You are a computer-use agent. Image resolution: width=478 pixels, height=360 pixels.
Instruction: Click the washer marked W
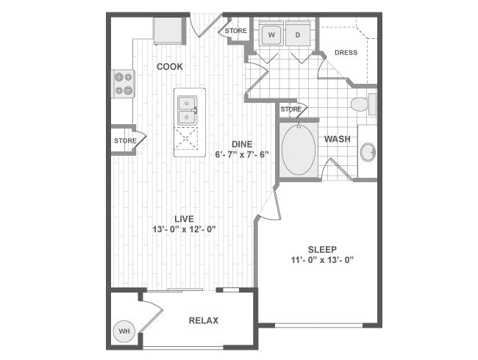click(x=271, y=35)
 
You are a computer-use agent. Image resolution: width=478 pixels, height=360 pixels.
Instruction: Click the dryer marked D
click(x=298, y=35)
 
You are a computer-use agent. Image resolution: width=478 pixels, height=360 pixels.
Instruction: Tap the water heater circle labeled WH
click(x=124, y=331)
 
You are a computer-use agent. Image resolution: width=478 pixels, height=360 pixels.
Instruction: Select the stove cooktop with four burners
click(x=124, y=84)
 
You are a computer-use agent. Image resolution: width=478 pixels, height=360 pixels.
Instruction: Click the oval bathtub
click(x=299, y=150)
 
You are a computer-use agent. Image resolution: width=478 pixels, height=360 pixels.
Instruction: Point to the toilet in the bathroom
click(x=363, y=104)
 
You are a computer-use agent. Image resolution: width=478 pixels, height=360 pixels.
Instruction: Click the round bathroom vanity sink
click(x=368, y=151)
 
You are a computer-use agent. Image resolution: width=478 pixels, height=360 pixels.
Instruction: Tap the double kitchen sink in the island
click(x=188, y=110)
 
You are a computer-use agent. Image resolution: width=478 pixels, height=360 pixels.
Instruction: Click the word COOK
click(x=170, y=66)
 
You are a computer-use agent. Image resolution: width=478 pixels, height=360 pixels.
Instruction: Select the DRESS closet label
click(x=346, y=52)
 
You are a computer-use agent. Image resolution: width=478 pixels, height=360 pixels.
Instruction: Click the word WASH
click(x=337, y=139)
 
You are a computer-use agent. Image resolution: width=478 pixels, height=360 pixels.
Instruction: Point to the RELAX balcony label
click(x=204, y=320)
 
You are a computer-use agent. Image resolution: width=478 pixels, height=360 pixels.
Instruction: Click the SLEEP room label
click(x=322, y=250)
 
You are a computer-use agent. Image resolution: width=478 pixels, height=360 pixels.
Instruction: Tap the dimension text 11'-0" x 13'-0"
click(x=322, y=260)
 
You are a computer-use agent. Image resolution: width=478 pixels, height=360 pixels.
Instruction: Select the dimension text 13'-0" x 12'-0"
click(x=185, y=229)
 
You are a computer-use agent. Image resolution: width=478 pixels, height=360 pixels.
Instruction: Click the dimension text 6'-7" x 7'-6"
click(x=242, y=154)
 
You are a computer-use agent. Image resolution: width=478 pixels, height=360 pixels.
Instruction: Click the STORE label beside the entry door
click(x=236, y=31)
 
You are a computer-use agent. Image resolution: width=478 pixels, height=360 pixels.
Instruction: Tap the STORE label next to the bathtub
click(x=290, y=109)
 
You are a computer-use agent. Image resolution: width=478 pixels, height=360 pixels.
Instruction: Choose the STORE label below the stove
click(x=125, y=141)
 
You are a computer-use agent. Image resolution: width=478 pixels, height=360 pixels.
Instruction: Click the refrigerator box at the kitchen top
click(x=169, y=31)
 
